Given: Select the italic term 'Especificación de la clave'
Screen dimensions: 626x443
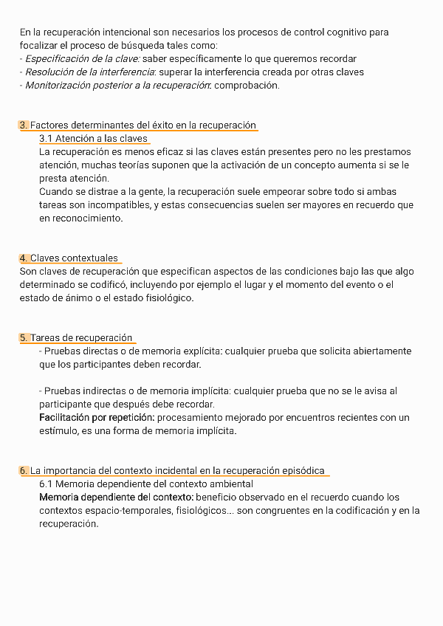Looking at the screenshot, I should click(x=82, y=58).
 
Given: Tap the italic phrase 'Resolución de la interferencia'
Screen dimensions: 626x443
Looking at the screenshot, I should click(x=89, y=72).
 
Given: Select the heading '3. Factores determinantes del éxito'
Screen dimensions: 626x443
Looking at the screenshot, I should click(x=137, y=125).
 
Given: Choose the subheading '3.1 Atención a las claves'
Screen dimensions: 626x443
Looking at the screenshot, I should click(x=93, y=138).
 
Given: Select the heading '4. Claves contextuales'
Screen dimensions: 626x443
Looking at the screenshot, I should click(x=69, y=258).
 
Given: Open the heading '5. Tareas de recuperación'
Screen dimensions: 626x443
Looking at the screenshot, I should click(x=76, y=337).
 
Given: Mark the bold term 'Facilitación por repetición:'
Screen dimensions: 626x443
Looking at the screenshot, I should click(x=97, y=417).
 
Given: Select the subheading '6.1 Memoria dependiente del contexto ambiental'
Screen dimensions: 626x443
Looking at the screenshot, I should click(x=146, y=484).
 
